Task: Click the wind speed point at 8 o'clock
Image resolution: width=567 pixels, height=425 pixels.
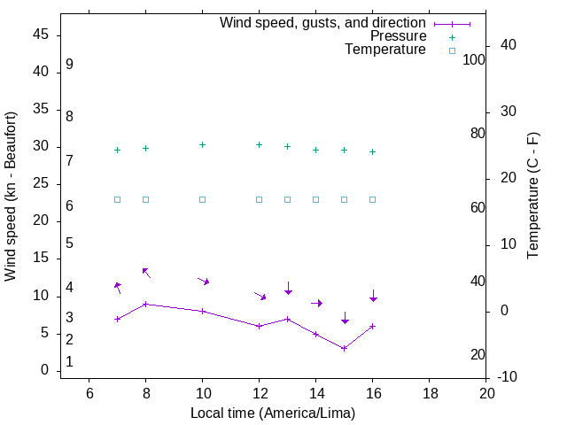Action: coord(146,304)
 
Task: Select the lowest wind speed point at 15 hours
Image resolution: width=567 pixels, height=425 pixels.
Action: coord(345,348)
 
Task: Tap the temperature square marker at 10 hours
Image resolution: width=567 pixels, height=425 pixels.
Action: coord(203,199)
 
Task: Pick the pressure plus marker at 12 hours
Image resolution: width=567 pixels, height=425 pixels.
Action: coord(260,144)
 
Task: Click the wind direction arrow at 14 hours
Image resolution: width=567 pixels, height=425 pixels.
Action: coord(316,303)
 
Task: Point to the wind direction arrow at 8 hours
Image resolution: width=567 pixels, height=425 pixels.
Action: coord(146,273)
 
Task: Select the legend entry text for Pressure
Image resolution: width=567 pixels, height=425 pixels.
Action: coord(398,36)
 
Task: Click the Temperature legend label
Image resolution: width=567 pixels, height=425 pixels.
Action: coord(385,50)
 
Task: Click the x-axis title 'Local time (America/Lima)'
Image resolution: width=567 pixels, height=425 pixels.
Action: coord(273,413)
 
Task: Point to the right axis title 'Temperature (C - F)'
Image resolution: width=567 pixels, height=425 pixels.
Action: coord(533,197)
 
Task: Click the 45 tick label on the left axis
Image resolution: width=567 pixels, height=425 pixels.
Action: coord(40,35)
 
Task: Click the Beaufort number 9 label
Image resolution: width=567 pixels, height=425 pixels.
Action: coord(69,65)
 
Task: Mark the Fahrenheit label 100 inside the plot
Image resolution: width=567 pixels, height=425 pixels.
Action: coord(475,60)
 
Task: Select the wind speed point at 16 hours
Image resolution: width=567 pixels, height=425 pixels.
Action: coord(373,326)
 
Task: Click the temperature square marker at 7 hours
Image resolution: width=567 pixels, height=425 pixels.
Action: coord(118,199)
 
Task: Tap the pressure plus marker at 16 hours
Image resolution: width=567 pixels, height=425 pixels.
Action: coord(373,151)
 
